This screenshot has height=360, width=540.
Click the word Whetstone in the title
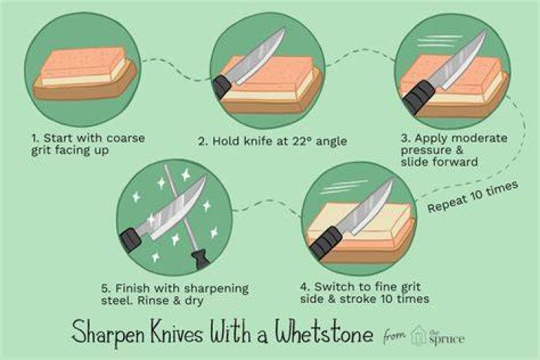coord(324,331)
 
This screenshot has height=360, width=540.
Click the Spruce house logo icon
coord(418,335)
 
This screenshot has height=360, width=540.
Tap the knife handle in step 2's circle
coord(221,87)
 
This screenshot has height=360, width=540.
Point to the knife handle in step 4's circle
coord(325,242)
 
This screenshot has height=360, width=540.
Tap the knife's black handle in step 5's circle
coord(130,240)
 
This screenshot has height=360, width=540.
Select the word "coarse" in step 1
coord(126,138)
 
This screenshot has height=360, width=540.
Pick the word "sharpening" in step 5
coord(216,289)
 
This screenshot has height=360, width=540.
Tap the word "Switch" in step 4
coord(333,286)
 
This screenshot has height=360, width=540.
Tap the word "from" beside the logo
coord(394,334)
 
